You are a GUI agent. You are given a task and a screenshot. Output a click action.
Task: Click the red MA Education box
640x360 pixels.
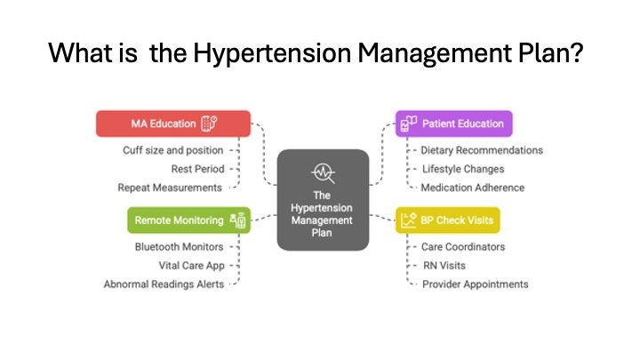172,123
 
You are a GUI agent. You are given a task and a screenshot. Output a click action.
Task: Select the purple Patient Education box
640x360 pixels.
453,123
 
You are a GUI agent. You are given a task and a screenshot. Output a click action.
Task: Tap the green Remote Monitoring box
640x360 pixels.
189,220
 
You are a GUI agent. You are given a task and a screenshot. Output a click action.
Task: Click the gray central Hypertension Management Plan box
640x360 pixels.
323,199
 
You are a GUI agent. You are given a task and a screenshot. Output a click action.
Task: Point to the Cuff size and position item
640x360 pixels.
173,150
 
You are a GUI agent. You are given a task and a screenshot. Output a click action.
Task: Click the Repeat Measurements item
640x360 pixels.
171,188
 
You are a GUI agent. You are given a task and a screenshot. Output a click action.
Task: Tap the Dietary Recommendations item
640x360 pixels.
482,150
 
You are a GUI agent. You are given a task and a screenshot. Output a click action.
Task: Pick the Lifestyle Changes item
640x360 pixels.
462,169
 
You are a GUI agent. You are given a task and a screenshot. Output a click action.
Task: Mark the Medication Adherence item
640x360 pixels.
473,188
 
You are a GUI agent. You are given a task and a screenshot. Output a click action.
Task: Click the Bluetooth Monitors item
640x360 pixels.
179,246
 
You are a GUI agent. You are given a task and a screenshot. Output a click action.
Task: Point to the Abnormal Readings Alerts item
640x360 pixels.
164,284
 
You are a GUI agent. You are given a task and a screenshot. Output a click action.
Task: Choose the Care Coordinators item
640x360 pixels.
463,246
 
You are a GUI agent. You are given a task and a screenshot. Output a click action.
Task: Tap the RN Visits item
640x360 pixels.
444,265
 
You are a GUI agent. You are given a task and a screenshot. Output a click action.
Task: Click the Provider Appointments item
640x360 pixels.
476,284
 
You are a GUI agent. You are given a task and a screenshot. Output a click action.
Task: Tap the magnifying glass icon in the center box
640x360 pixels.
323,172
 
